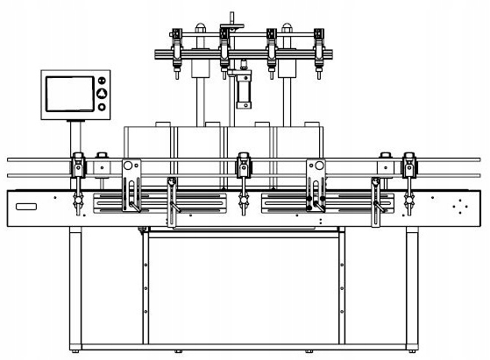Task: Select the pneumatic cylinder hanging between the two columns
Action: click(x=242, y=91)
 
